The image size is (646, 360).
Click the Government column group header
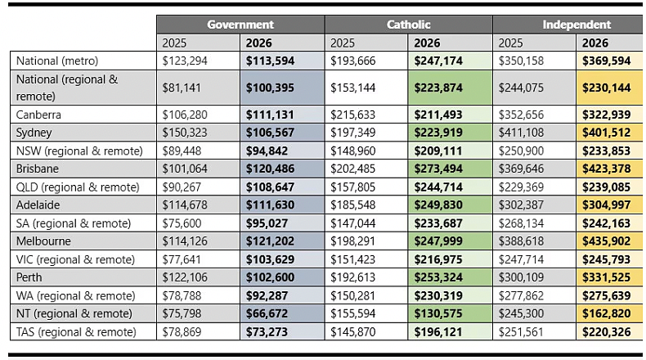click(x=240, y=25)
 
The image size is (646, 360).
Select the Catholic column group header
click(x=408, y=25)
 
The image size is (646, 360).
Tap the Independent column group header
click(x=576, y=25)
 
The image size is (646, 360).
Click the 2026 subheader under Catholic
click(x=427, y=43)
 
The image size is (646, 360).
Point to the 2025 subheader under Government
click(x=174, y=43)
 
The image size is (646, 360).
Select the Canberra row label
click(x=38, y=115)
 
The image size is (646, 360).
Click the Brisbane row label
click(x=37, y=169)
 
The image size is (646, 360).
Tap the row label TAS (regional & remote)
click(x=76, y=332)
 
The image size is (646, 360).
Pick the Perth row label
click(x=29, y=277)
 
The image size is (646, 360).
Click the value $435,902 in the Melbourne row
click(x=607, y=241)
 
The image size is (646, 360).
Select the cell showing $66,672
click(x=267, y=314)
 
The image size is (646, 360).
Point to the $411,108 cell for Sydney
click(x=521, y=133)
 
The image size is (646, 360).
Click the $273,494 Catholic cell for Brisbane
click(x=438, y=169)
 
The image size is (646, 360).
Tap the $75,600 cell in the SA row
click(x=182, y=223)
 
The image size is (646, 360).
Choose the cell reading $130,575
click(x=438, y=314)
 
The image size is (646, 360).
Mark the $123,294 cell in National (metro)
click(x=185, y=61)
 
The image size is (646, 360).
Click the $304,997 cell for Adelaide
click(x=607, y=205)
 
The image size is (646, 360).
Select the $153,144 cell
click(x=352, y=88)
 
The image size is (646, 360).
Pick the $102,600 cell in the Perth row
click(x=271, y=277)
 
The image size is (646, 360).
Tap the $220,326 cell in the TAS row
click(x=607, y=332)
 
